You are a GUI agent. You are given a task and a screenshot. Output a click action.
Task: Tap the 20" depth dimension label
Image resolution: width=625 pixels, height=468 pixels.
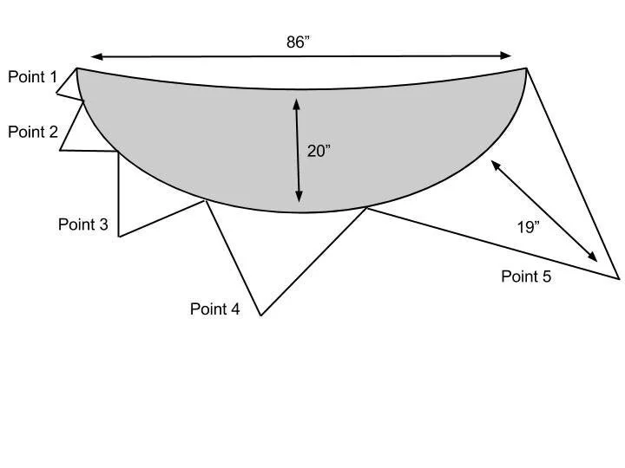coord(319,151)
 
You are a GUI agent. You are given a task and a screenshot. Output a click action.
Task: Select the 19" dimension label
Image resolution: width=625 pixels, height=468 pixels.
coord(529,227)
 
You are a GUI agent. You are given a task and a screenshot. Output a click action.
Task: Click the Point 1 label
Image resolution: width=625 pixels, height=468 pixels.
coord(32,77)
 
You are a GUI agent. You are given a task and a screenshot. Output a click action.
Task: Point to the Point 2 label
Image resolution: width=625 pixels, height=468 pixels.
coord(32,133)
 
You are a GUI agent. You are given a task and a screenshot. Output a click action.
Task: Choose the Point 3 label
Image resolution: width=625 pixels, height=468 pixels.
coord(82,225)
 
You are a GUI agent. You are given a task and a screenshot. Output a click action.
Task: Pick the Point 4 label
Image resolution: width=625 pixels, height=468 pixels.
coord(214,309)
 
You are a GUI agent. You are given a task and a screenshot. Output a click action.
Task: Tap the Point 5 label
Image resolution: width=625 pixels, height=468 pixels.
coord(526,277)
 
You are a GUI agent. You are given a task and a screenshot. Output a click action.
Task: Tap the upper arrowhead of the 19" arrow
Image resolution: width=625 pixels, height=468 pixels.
coord(496,165)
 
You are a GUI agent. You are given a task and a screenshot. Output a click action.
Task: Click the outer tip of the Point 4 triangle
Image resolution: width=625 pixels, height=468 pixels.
coord(260,315)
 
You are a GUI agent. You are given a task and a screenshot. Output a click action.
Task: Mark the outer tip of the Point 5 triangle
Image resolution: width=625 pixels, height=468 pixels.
coord(620,278)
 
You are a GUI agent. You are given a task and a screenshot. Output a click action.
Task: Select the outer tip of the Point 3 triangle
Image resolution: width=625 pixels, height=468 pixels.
coord(119,237)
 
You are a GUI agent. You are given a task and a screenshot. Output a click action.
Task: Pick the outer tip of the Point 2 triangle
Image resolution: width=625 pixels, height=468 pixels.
coord(60,150)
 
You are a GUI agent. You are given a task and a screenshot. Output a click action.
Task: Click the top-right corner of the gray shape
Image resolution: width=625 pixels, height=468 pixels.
coord(526,68)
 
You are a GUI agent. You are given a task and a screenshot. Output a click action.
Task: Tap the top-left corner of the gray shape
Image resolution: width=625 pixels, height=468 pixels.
coord(76,68)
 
